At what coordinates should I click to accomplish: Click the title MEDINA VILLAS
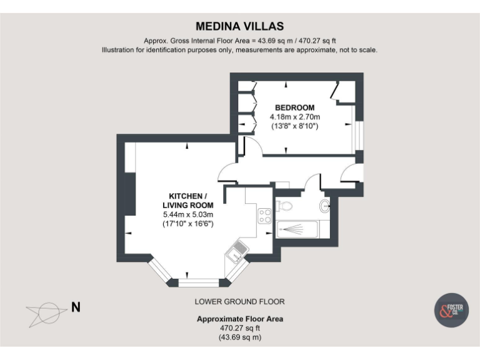[240, 26]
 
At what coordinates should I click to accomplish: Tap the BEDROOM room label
[294, 107]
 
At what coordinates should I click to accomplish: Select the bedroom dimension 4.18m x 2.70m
[294, 117]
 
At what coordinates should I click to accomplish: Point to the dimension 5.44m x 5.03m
[187, 214]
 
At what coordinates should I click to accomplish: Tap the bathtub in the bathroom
[297, 229]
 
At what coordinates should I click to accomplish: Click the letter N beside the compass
[76, 307]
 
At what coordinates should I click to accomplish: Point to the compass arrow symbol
[46, 311]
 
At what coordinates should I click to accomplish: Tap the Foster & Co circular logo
[451, 309]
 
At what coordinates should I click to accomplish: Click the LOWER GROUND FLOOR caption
[240, 301]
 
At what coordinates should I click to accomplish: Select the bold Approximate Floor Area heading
[240, 319]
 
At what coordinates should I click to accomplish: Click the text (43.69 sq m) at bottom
[240, 337]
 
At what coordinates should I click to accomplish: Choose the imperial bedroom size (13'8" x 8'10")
[294, 126]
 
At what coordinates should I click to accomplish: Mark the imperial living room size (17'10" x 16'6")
[187, 223]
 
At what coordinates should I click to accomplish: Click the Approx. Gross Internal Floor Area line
[240, 40]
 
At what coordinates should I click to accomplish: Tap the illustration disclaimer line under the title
[240, 49]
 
